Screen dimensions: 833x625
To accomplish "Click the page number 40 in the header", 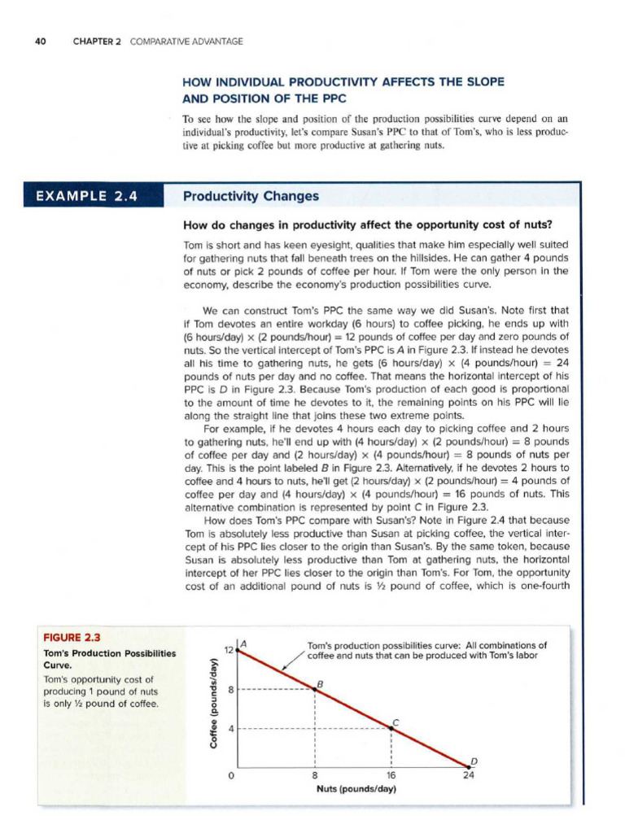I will pos(38,41).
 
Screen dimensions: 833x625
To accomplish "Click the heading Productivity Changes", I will pos(251,196).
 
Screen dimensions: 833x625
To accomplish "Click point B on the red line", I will pos(316,689).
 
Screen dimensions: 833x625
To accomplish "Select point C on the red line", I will pos(392,727).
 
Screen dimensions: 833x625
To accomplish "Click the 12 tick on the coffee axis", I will pos(229,650).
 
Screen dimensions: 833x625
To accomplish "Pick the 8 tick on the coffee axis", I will pos(231,689).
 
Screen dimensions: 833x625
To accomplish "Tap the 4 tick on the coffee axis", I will pos(231,727).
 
